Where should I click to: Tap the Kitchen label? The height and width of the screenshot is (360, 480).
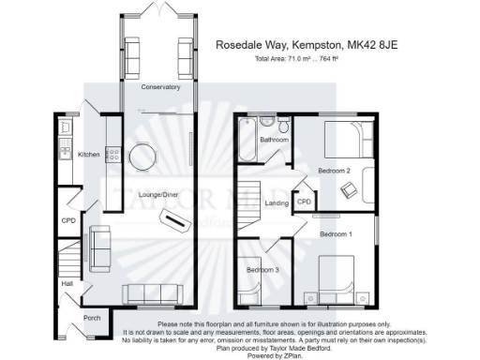(x=89, y=155)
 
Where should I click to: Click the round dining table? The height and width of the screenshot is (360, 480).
(x=143, y=157)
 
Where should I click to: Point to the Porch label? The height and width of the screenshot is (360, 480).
(x=92, y=318)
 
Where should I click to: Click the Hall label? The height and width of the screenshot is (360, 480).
(x=67, y=282)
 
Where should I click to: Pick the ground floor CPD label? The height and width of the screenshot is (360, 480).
(x=67, y=221)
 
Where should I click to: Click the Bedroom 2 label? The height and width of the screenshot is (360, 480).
(x=334, y=172)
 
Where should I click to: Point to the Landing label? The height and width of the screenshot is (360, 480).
(x=277, y=203)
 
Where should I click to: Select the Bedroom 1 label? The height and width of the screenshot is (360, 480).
(x=337, y=232)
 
